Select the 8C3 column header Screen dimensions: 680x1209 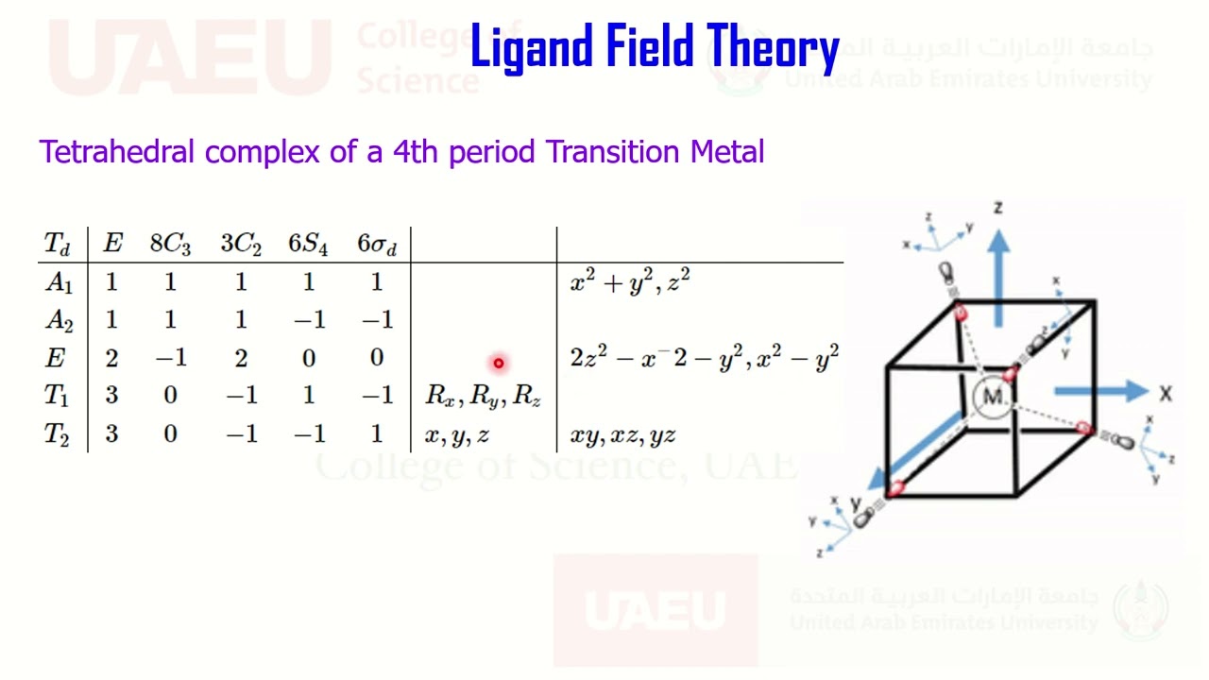point(170,244)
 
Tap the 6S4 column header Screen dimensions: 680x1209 point(308,244)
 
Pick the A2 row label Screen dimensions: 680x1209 point(59,320)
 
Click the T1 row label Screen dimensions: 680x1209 point(57,395)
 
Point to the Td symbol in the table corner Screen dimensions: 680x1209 point(57,244)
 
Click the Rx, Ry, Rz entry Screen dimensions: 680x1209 point(483,396)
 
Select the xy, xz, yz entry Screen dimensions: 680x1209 point(622,434)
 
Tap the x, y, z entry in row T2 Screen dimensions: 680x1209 point(456,434)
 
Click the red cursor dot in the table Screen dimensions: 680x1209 point(498,363)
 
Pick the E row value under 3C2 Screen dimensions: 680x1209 point(240,358)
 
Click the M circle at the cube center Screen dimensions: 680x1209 point(993,397)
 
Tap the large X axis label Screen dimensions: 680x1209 point(1166,392)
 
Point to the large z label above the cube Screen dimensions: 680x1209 point(997,207)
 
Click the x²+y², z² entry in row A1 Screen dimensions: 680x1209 point(630,281)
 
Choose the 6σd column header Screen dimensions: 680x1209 point(377,244)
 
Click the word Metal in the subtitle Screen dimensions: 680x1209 point(727,151)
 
